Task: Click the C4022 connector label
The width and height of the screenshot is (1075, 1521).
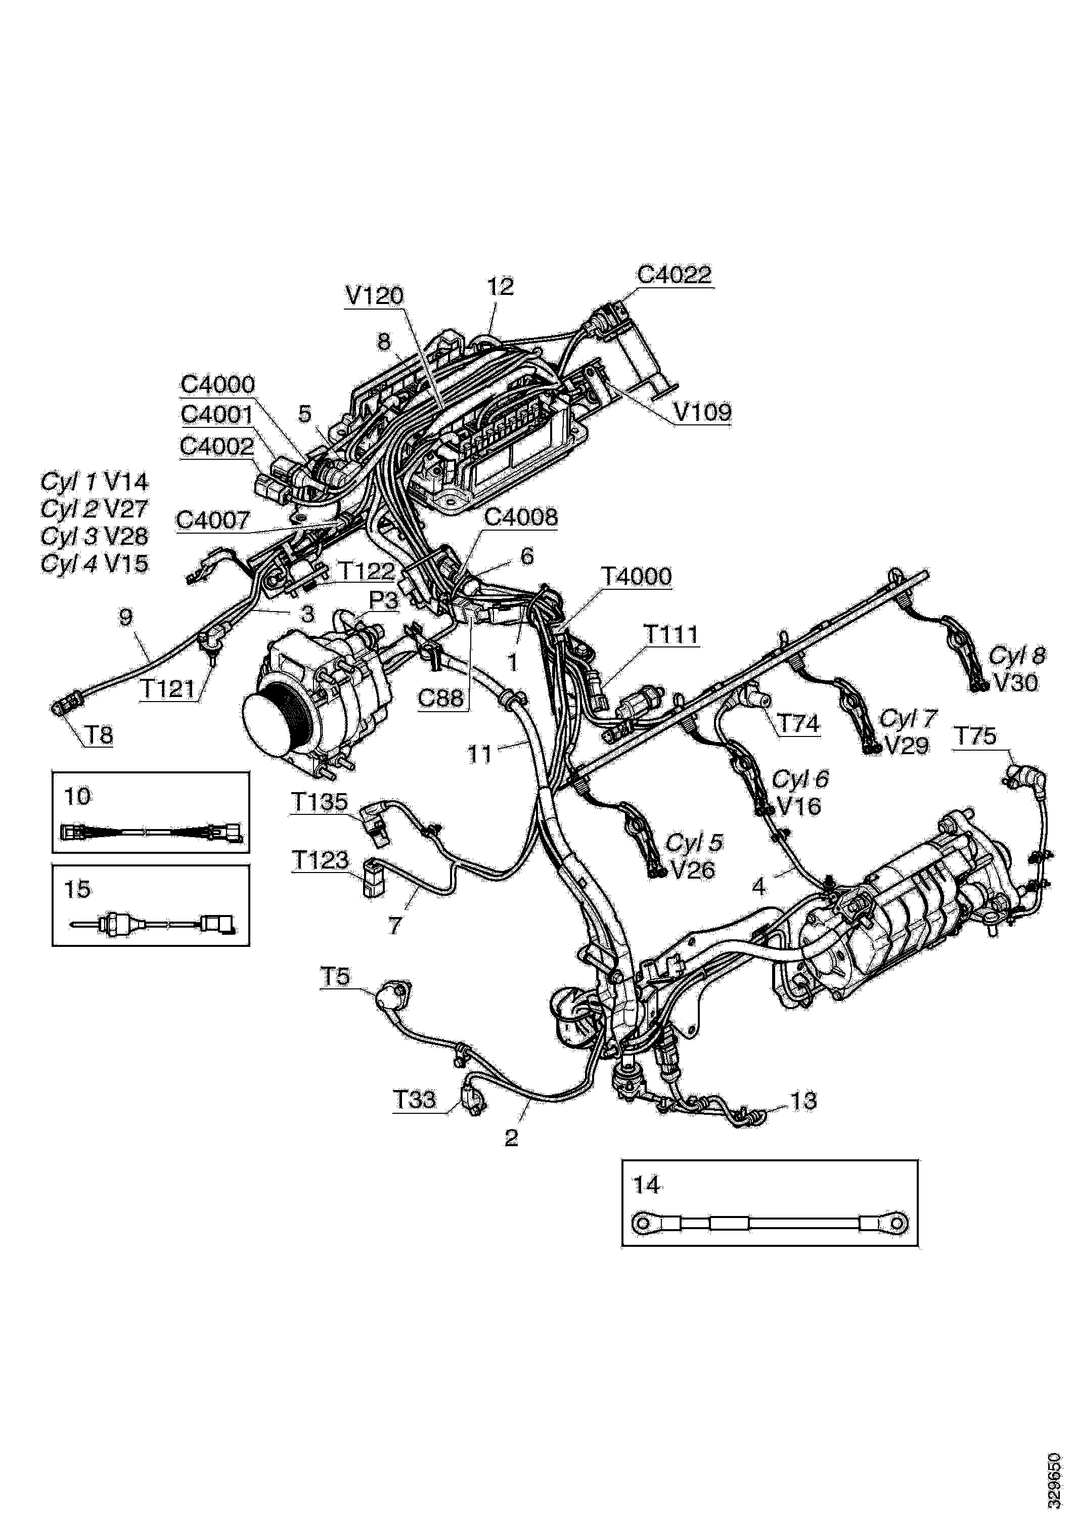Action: click(x=674, y=275)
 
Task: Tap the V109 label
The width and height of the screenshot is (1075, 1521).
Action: click(x=703, y=413)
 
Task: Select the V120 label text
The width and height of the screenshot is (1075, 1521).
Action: click(x=374, y=295)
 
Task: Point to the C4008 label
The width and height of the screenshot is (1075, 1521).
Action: click(x=521, y=517)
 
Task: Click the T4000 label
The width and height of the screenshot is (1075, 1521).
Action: click(x=636, y=576)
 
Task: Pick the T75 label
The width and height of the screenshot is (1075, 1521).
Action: click(x=974, y=736)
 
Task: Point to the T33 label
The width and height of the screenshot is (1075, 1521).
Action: click(x=415, y=1100)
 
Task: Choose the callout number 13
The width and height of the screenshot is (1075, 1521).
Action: click(x=804, y=1101)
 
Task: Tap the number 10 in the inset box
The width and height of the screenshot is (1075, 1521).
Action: click(x=77, y=796)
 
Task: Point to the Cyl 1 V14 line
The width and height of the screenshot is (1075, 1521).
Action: click(x=95, y=482)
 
